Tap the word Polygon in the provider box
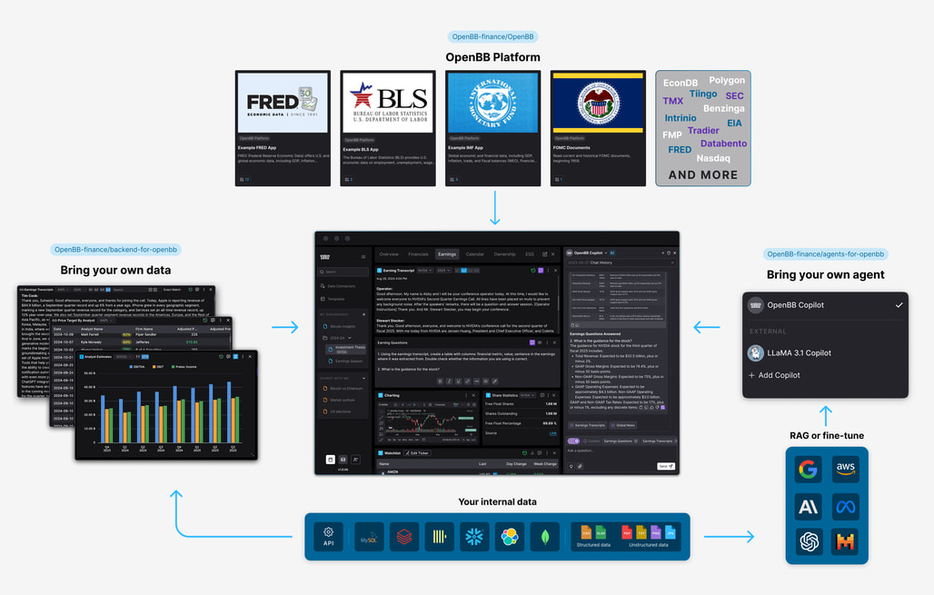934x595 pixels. click(x=727, y=81)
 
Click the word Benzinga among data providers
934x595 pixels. click(x=724, y=108)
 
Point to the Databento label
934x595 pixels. click(x=723, y=144)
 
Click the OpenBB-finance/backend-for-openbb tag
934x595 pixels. click(x=115, y=249)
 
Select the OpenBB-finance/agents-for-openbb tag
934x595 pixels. click(x=825, y=254)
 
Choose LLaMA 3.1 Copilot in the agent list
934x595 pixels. click(x=799, y=352)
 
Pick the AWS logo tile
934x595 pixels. click(x=845, y=470)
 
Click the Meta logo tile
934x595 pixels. click(x=845, y=507)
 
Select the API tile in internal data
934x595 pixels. click(x=329, y=536)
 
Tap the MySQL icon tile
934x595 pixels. click(x=367, y=536)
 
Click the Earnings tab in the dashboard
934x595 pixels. click(x=446, y=254)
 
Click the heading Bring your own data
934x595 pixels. click(x=115, y=270)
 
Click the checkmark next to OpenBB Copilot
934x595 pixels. click(x=899, y=305)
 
